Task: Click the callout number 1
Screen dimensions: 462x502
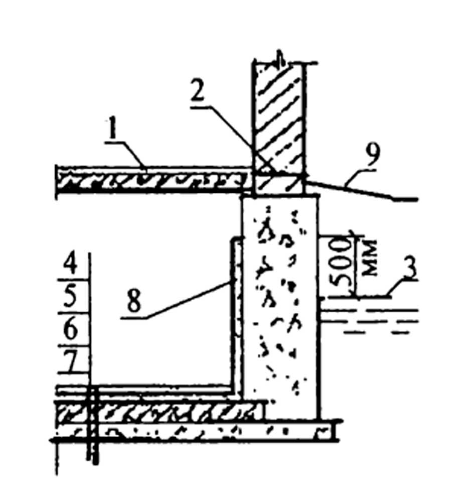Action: [113, 130]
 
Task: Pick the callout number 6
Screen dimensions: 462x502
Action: [70, 329]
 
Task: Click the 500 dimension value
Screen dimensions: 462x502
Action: [339, 263]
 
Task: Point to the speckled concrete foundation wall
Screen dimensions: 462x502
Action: [280, 307]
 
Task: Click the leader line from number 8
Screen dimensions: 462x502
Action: [176, 300]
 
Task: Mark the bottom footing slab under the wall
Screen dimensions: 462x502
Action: [195, 432]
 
